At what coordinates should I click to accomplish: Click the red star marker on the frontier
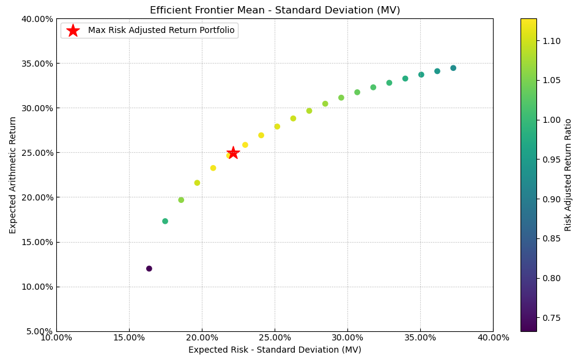tap(233, 153)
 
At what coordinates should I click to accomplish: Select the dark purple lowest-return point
tap(149, 268)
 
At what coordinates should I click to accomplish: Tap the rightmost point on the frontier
tap(453, 68)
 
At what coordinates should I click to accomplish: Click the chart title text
tap(275, 10)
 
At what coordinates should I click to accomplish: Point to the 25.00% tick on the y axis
tap(35, 153)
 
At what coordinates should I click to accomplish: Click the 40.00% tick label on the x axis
tap(493, 338)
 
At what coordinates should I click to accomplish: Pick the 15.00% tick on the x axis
tap(129, 338)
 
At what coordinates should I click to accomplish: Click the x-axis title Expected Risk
tap(275, 350)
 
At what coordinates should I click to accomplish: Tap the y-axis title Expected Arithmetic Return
tap(13, 175)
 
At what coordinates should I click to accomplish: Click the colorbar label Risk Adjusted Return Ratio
tap(568, 175)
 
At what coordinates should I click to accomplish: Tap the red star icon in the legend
tap(73, 31)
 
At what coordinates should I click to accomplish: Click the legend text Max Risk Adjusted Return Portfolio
tap(161, 31)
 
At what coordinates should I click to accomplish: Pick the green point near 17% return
tap(165, 221)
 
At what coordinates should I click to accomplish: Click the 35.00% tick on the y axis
tap(35, 64)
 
